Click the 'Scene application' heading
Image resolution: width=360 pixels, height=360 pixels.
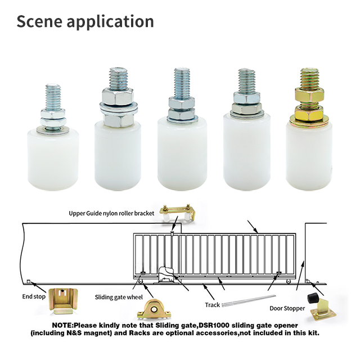[x=85, y=22]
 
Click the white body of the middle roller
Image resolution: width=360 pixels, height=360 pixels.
[x=182, y=154]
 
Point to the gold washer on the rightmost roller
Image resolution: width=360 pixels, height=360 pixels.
[x=309, y=121]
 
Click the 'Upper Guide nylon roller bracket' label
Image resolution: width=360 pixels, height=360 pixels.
[x=111, y=213]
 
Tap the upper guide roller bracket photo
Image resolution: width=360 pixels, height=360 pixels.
[x=178, y=212]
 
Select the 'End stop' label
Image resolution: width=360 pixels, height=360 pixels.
[x=34, y=296]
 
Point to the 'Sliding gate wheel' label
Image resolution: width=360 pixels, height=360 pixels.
[x=119, y=297]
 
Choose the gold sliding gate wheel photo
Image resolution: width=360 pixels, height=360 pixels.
[x=154, y=309]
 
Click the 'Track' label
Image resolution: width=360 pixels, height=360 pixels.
[x=213, y=305]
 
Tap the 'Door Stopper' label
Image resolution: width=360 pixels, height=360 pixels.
[x=287, y=308]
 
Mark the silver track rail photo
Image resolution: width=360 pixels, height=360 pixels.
[x=249, y=301]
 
